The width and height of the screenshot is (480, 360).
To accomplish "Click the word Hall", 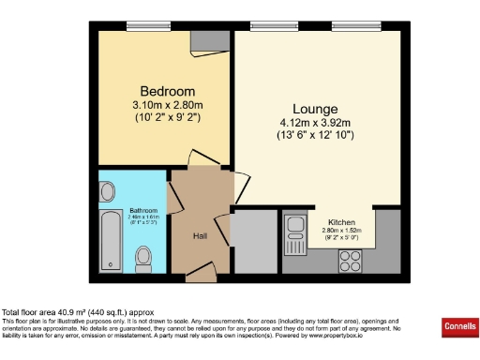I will click(x=200, y=236).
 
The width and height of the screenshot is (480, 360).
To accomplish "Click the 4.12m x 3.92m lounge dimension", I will click(x=314, y=122).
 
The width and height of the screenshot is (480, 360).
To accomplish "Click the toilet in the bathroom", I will click(x=143, y=255).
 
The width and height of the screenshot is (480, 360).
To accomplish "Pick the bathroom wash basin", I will click(x=106, y=193).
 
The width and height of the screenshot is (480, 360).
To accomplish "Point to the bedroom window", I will click(x=142, y=25).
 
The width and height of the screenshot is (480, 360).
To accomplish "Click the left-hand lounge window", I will click(x=269, y=25).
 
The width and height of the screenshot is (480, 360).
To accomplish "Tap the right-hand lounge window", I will click(x=349, y=25).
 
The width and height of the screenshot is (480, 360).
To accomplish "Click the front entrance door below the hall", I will click(x=200, y=275).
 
